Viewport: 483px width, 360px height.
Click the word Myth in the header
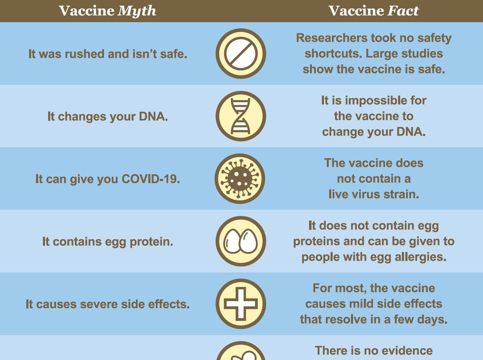click(x=137, y=11)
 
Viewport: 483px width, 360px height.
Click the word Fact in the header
click(x=403, y=11)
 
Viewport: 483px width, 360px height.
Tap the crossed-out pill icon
click(x=241, y=54)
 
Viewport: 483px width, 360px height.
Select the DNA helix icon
click(x=241, y=116)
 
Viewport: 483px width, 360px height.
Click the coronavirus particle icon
click(x=240, y=179)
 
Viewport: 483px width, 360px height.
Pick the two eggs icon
click(x=241, y=241)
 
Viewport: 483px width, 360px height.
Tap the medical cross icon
click(x=241, y=304)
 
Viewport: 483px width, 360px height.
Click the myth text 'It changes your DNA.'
click(x=108, y=117)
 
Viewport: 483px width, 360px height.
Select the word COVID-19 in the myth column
click(x=151, y=179)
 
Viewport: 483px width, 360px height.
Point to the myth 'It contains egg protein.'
click(x=108, y=242)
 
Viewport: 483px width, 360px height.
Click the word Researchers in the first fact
click(x=332, y=38)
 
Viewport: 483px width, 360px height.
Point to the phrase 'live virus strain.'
click(x=374, y=194)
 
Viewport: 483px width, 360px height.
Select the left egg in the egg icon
click(x=232, y=241)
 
